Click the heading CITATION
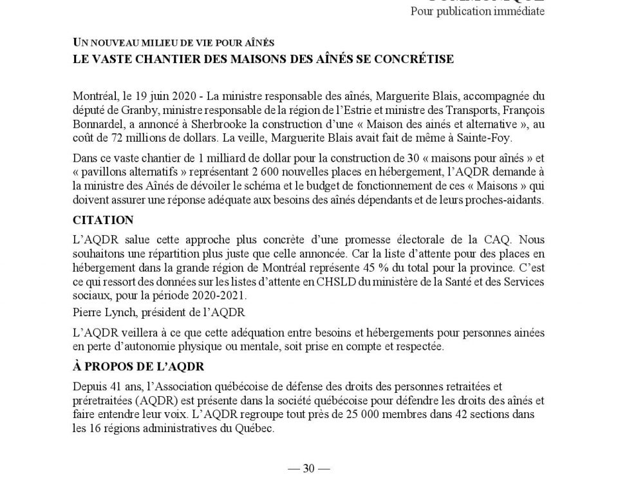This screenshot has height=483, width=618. coord(103,220)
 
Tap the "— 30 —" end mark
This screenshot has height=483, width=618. coord(308,468)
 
